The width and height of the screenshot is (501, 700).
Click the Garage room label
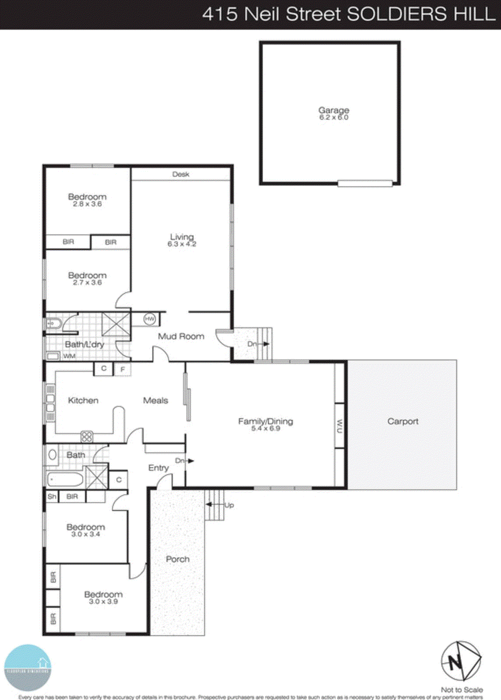pos(334,110)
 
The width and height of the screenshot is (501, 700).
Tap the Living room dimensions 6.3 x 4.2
pos(182,244)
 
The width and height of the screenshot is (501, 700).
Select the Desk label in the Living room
pos(180,174)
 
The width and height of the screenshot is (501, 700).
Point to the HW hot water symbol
pos(150,319)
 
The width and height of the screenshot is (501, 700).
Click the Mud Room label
pos(181,336)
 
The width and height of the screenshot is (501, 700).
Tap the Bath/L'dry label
pos(85,344)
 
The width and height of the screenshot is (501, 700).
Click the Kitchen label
pos(83,400)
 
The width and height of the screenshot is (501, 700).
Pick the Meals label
pos(155,400)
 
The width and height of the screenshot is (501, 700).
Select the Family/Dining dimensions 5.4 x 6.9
pos(265,428)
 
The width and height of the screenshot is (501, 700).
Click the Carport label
pos(403,421)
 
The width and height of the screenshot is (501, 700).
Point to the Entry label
pos(158,468)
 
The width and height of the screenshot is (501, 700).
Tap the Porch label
pos(177,559)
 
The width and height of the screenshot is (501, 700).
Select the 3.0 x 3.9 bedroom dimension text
pos(103,602)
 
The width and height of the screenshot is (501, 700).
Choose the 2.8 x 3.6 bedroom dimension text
pos(87,204)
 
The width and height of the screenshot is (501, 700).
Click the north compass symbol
pos(460,661)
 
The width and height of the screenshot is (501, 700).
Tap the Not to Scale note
pos(462,689)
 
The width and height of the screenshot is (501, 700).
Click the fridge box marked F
pos(123,370)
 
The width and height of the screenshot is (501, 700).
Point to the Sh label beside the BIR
pos(52,497)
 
